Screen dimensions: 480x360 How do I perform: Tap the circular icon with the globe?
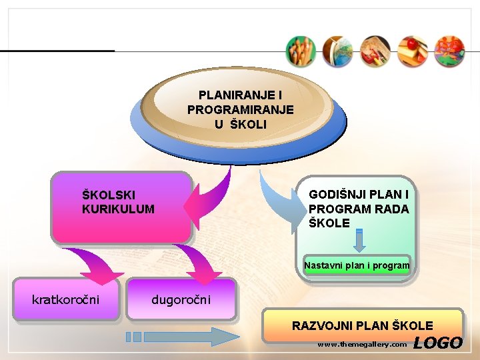[337, 51]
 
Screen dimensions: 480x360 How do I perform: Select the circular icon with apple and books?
[411, 51]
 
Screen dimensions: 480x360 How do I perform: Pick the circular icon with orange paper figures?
[449, 51]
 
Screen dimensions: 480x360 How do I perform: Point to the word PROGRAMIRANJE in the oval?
[240, 110]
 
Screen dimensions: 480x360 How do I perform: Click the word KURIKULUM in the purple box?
[118, 209]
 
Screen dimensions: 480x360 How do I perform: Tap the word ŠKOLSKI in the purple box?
[108, 195]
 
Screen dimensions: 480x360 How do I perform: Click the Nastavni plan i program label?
[357, 265]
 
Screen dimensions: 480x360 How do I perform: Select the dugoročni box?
[181, 299]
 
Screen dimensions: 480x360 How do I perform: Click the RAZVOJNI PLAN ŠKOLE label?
[362, 326]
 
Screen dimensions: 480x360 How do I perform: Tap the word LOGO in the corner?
[437, 343]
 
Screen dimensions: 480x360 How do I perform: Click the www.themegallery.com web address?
[361, 345]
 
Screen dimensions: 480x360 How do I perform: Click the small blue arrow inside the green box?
[359, 241]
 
